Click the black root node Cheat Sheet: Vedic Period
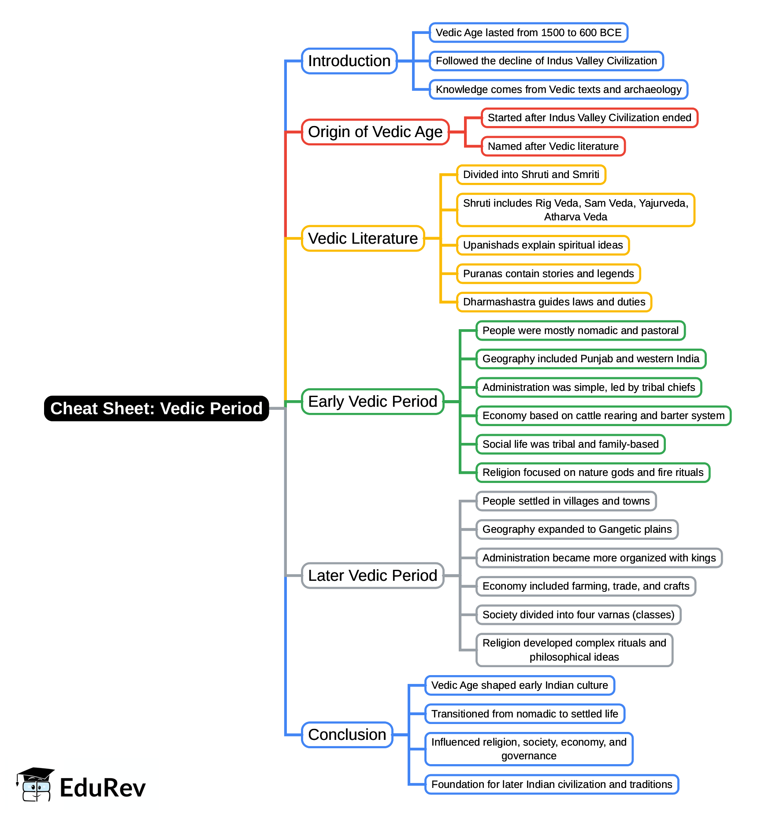click(x=156, y=408)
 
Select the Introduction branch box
click(x=349, y=61)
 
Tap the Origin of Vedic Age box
click(x=375, y=132)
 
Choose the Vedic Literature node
click(x=363, y=238)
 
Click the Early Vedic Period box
click(x=372, y=401)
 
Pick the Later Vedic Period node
click(x=372, y=576)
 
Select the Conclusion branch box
click(x=347, y=735)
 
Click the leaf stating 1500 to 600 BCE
click(x=528, y=33)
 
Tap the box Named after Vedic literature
click(x=553, y=146)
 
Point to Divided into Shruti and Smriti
click(x=531, y=175)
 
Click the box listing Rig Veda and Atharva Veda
click(x=576, y=210)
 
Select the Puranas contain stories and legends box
click(x=548, y=274)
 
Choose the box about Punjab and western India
click(x=590, y=359)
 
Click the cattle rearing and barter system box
click(x=603, y=416)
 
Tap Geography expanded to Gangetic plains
click(x=577, y=529)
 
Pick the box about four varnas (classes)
click(x=578, y=615)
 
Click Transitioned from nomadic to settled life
click(x=524, y=714)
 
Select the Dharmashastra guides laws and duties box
click(x=554, y=302)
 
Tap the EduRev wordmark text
click(x=102, y=788)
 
